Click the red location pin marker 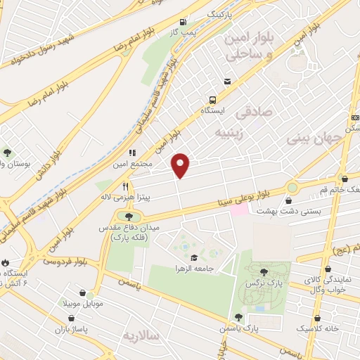[181, 165]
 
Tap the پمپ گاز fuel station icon [183, 22]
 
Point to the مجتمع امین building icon [130, 152]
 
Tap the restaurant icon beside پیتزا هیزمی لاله [125, 186]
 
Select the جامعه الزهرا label [194, 268]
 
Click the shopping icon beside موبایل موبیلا [84, 292]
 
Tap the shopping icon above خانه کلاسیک [318, 318]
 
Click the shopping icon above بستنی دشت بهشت [289, 200]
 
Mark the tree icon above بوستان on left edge [6, 152]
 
